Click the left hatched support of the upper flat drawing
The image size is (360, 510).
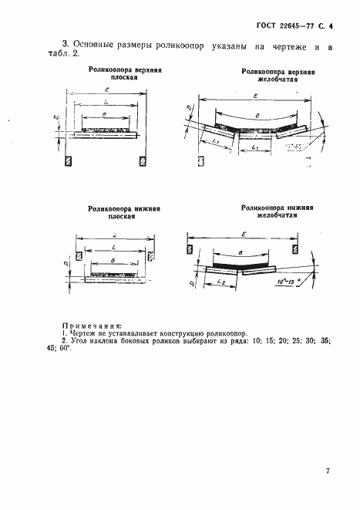pos(69,160)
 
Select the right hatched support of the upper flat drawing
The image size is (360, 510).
pos(142,160)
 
